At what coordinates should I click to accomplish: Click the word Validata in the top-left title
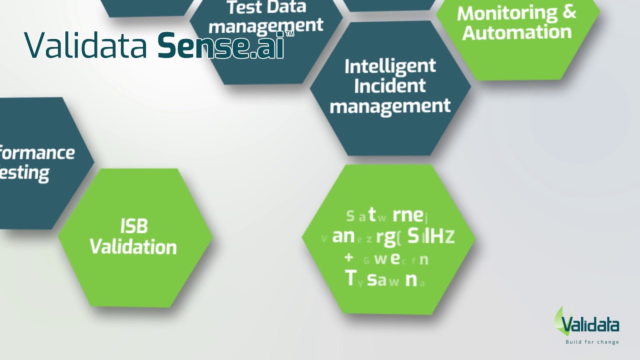pyautogui.click(x=85, y=45)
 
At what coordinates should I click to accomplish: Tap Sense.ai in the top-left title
pyautogui.click(x=220, y=45)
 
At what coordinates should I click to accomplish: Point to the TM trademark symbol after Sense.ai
pyautogui.click(x=289, y=34)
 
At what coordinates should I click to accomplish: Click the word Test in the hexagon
pyautogui.click(x=243, y=7)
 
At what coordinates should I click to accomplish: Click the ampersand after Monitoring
pyautogui.click(x=569, y=12)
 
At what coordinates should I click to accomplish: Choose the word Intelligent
pyautogui.click(x=390, y=66)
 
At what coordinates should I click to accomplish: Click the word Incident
pyautogui.click(x=390, y=85)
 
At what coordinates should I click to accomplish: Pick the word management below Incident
pyautogui.click(x=390, y=106)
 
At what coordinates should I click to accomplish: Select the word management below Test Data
pyautogui.click(x=266, y=26)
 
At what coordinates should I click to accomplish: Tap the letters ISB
pyautogui.click(x=134, y=226)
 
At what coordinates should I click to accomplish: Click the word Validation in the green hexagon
pyautogui.click(x=133, y=247)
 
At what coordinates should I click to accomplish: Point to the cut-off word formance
pyautogui.click(x=37, y=152)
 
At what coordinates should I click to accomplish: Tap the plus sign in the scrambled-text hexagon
pyautogui.click(x=349, y=258)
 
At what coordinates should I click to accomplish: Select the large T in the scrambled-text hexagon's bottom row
pyautogui.click(x=350, y=278)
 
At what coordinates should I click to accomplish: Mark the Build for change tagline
pyautogui.click(x=592, y=342)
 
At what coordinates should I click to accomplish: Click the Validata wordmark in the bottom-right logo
pyautogui.click(x=590, y=325)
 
